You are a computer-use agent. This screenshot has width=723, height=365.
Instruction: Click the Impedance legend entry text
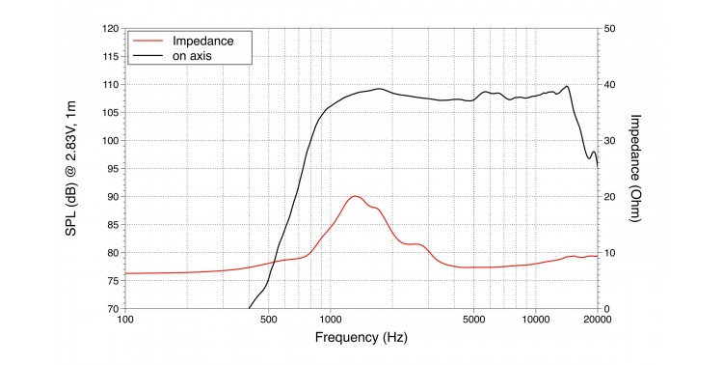click(x=202, y=41)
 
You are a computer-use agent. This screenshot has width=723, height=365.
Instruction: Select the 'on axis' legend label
click(x=192, y=56)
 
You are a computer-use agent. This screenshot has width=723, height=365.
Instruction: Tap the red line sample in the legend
click(x=148, y=41)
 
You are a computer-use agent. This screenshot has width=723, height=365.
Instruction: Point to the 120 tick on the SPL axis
click(x=111, y=29)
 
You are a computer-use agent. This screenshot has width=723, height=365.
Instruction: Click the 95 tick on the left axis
click(x=113, y=169)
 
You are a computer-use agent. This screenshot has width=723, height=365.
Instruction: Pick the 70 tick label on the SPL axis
click(x=113, y=309)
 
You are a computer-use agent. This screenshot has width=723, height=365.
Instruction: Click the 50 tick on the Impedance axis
click(x=609, y=29)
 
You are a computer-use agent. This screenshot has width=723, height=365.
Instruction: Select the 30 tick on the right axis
click(x=609, y=140)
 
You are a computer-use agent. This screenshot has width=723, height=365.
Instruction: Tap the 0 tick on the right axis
click(x=606, y=309)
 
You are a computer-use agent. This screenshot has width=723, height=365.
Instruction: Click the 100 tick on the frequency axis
click(x=125, y=320)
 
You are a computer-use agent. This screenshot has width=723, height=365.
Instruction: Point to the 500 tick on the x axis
click(x=268, y=320)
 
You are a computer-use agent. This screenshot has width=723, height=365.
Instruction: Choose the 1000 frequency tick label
click(x=330, y=320)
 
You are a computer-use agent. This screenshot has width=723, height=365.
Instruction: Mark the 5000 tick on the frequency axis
click(x=473, y=320)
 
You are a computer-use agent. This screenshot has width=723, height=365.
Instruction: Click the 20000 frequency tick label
click(x=598, y=320)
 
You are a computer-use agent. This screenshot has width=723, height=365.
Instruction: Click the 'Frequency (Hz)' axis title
click(x=361, y=337)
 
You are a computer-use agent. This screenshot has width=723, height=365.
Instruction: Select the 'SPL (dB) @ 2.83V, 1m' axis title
click(x=70, y=169)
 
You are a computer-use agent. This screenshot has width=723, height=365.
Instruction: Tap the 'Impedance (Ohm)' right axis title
click(x=636, y=168)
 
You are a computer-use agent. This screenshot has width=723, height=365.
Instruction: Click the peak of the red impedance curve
click(x=355, y=196)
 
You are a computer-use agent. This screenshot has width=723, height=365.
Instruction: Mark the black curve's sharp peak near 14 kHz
click(x=567, y=86)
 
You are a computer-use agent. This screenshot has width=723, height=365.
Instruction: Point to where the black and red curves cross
click(x=275, y=262)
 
